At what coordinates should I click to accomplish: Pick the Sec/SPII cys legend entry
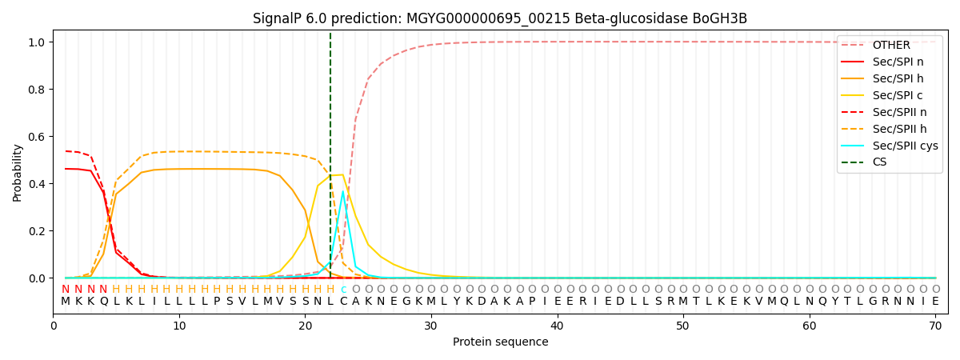pyautogui.click(x=890, y=146)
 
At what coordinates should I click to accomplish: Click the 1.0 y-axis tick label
pyautogui.click(x=37, y=42)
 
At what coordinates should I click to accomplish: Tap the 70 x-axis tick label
pyautogui.click(x=935, y=326)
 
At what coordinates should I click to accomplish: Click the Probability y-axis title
pyautogui.click(x=17, y=173)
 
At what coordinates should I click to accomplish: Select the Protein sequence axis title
pyautogui.click(x=500, y=342)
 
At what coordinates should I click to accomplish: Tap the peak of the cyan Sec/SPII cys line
pyautogui.click(x=343, y=191)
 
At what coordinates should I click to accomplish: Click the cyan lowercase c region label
pyautogui.click(x=343, y=290)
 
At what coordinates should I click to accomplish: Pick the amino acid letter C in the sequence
pyautogui.click(x=343, y=302)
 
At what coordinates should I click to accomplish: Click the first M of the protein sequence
pyautogui.click(x=66, y=302)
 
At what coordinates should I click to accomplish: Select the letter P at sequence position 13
pyautogui.click(x=217, y=302)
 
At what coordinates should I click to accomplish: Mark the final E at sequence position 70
pyautogui.click(x=935, y=302)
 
